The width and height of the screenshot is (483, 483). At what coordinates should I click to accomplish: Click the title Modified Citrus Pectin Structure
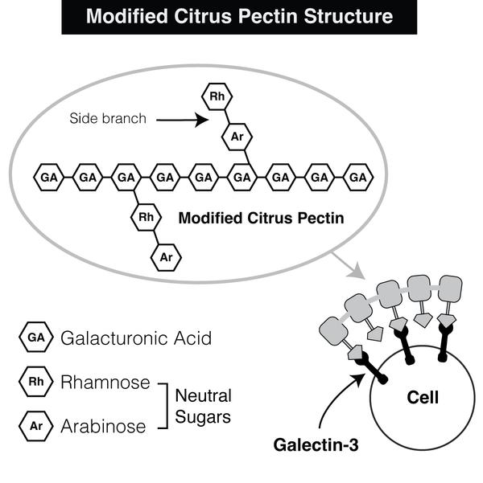tap(241, 16)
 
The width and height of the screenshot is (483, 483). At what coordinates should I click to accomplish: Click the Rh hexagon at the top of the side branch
tap(216, 98)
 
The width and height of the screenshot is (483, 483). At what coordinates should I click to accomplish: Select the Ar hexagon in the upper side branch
tap(237, 137)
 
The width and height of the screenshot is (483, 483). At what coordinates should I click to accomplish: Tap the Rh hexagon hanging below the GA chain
tap(146, 217)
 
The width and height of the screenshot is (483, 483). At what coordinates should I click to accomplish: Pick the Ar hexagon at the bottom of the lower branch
tap(167, 256)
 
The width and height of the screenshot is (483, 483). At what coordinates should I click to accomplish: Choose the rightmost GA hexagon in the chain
tap(358, 177)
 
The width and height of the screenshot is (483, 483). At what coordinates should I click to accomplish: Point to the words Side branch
tap(107, 119)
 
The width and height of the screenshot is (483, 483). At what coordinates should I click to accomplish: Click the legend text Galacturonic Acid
tap(136, 338)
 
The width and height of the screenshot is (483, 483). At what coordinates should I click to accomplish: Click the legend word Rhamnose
tap(105, 382)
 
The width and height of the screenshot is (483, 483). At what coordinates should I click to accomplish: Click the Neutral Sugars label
tap(203, 406)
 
